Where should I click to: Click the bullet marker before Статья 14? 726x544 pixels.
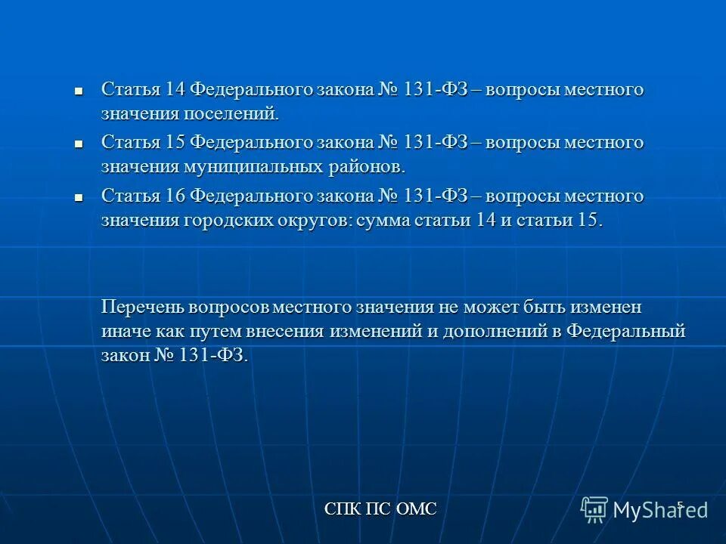(78, 90)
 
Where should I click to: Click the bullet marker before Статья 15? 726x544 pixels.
(78, 143)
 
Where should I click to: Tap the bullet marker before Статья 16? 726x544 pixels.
(78, 196)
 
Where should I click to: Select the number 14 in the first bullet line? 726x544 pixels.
(175, 89)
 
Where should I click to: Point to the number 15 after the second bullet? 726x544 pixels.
(175, 142)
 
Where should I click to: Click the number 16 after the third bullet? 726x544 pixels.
(175, 196)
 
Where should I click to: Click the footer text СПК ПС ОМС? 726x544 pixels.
(380, 508)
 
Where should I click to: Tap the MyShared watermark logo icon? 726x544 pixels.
(594, 509)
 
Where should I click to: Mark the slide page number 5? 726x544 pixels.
(679, 505)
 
